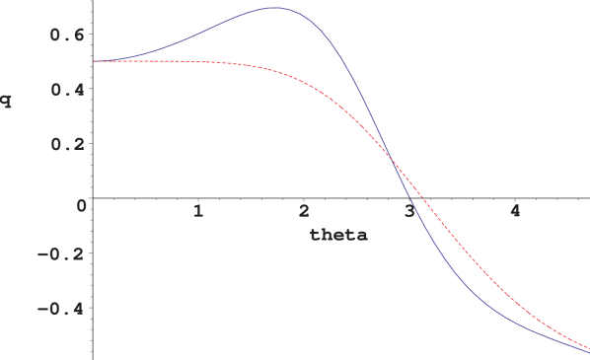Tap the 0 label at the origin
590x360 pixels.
82,205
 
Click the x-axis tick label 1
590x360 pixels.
198,211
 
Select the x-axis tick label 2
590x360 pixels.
304,211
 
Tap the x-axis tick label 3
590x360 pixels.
409,211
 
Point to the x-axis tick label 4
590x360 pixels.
515,211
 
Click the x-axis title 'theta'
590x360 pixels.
338,235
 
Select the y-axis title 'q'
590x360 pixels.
8,99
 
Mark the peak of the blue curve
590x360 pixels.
273,8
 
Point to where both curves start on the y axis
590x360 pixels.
93,61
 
